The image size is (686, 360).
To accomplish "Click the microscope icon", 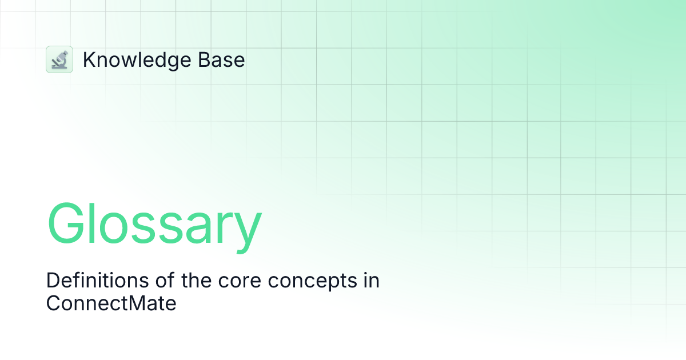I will pyautogui.click(x=59, y=59).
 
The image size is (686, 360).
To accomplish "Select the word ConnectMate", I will pyautogui.click(x=111, y=303).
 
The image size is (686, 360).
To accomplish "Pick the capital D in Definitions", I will pyautogui.click(x=52, y=281).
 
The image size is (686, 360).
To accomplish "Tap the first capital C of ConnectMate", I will pyautogui.click(x=53, y=303).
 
